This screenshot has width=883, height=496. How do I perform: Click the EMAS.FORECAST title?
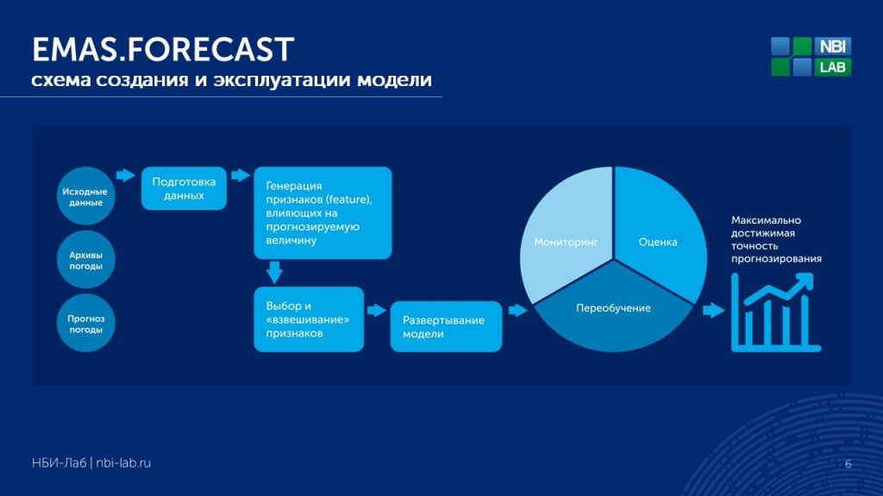pyautogui.click(x=163, y=49)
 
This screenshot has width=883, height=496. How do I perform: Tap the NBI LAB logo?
pyautogui.click(x=811, y=56)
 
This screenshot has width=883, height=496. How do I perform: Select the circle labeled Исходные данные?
pyautogui.click(x=85, y=195)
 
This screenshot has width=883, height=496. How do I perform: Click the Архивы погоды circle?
pyautogui.click(x=85, y=259)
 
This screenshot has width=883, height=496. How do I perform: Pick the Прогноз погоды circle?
pyautogui.click(x=85, y=323)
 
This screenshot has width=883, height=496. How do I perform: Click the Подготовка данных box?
pyautogui.click(x=185, y=189)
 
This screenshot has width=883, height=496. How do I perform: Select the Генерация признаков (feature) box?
pyautogui.click(x=323, y=213)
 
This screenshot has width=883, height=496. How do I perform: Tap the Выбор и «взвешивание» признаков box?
pyautogui.click(x=309, y=319)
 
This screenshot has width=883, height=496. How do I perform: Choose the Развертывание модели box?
pyautogui.click(x=446, y=326)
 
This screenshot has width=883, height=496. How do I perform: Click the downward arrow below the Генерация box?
pyautogui.click(x=274, y=272)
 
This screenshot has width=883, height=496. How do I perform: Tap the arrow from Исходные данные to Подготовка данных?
pyautogui.click(x=126, y=175)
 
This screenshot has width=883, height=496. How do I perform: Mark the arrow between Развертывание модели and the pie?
pyautogui.click(x=517, y=310)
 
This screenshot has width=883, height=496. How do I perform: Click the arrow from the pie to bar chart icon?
pyautogui.click(x=713, y=310)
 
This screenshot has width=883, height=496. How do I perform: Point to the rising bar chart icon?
pyautogui.click(x=775, y=313)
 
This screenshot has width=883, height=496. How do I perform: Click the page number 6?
pyautogui.click(x=849, y=464)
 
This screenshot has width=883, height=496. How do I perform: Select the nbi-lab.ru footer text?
pyautogui.click(x=123, y=462)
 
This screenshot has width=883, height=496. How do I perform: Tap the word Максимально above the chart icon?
pyautogui.click(x=766, y=220)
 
